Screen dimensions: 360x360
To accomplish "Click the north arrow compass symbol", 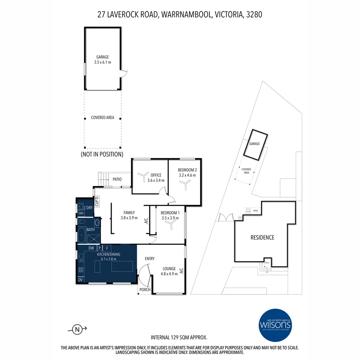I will [x=78, y=330].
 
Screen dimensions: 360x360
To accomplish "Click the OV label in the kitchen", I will [x=80, y=280].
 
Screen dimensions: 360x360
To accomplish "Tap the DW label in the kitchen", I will [x=91, y=248].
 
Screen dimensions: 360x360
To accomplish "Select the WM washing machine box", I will [x=81, y=213].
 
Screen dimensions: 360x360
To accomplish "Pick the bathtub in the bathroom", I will [x=81, y=235].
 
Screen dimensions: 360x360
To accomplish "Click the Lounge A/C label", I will [x=181, y=271].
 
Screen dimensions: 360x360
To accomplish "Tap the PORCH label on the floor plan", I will [x=145, y=289].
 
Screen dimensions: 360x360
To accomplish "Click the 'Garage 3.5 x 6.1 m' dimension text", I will [x=103, y=60].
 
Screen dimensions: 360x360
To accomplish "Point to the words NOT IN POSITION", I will [x=102, y=154].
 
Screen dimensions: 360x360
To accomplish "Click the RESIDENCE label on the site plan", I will [x=262, y=237].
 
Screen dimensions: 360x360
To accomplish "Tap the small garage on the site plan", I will [x=255, y=144].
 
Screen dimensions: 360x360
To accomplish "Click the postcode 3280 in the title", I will [x=254, y=14].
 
